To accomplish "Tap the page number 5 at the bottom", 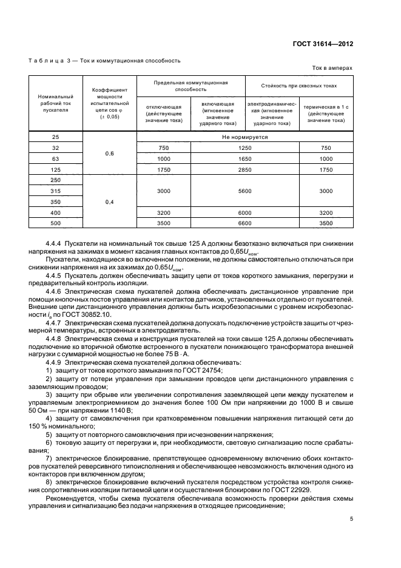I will [351, 518].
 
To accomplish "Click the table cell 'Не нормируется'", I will [245, 137].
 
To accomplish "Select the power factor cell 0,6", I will [110, 154].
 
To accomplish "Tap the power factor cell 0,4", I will [110, 202].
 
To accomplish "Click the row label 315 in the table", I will [56, 191].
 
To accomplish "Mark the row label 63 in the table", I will [56, 158].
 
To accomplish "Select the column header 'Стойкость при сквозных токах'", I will [298, 86].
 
